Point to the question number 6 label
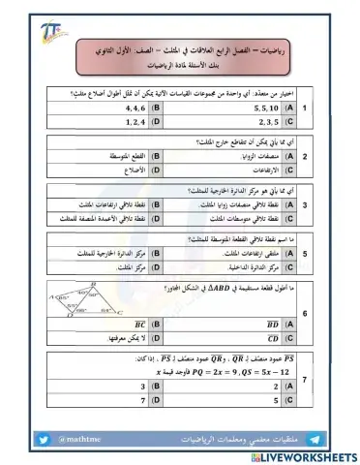[334, 314]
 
